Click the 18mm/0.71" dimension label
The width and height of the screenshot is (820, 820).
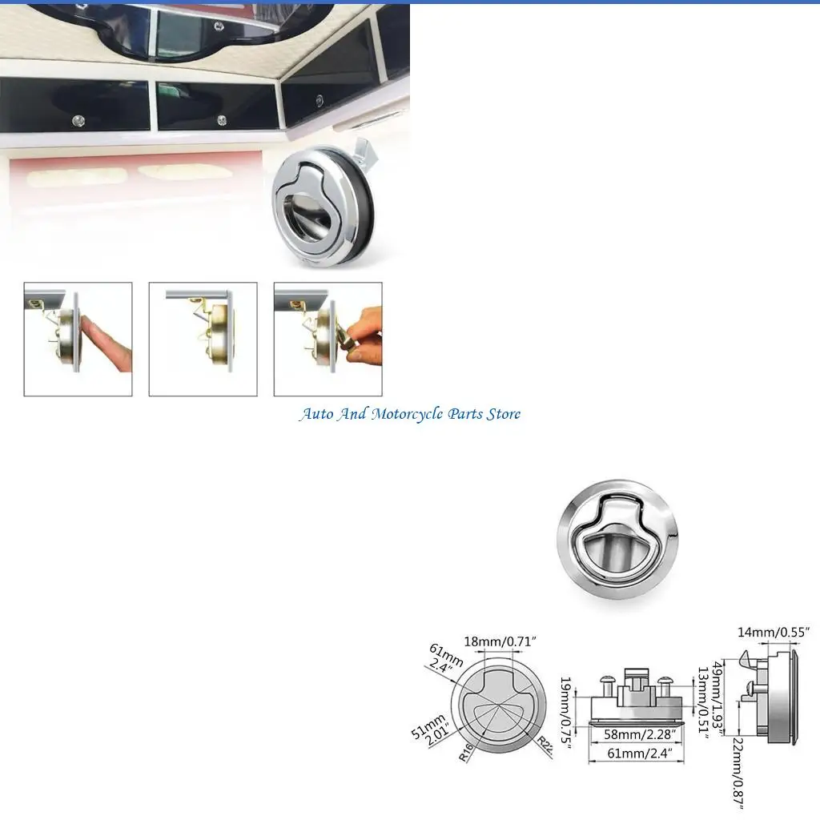pyautogui.click(x=500, y=641)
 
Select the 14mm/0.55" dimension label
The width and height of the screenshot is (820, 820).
pyautogui.click(x=774, y=633)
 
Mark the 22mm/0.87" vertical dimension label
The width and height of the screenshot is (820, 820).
pyautogui.click(x=738, y=772)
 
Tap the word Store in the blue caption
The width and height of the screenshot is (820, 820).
pyautogui.click(x=503, y=414)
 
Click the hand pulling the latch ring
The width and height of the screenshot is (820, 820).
pyautogui.click(x=363, y=336)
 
